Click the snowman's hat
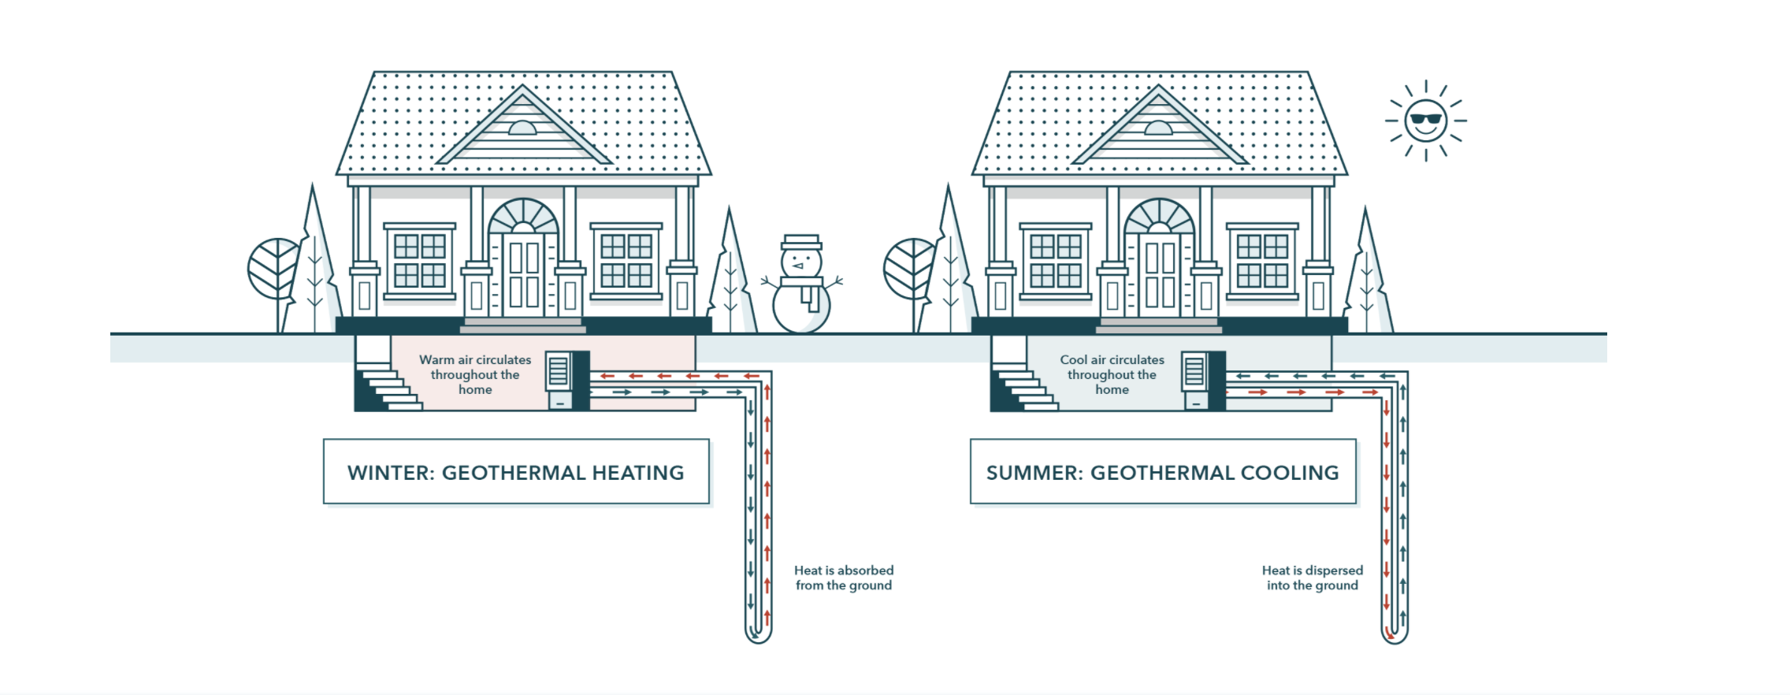pyautogui.click(x=800, y=241)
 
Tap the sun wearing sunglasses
pyautogui.click(x=1426, y=121)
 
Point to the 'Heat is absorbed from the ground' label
pyautogui.click(x=843, y=578)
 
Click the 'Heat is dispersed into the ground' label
pyautogui.click(x=1312, y=578)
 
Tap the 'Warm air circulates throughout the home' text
pyautogui.click(x=475, y=374)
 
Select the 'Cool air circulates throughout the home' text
pyautogui.click(x=1112, y=374)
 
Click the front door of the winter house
pyautogui.click(x=524, y=274)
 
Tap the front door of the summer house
pyautogui.click(x=1160, y=274)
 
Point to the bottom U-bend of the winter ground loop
pyautogui.click(x=758, y=634)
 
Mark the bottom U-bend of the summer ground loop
pyautogui.click(x=1394, y=634)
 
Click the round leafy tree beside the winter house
pyautogui.click(x=273, y=268)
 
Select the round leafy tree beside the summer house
pyautogui.click(x=909, y=268)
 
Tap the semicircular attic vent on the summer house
pyautogui.click(x=1158, y=128)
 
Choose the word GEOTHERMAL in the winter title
pyautogui.click(x=512, y=473)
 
